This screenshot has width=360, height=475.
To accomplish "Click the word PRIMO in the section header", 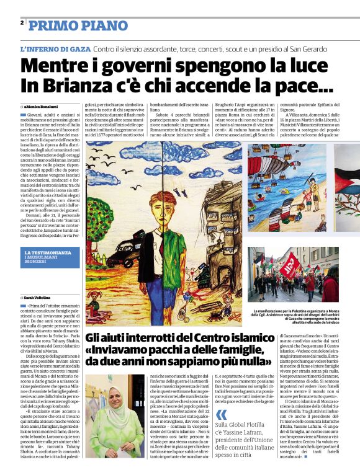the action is (49, 25).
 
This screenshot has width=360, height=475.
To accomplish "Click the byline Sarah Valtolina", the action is (41, 298).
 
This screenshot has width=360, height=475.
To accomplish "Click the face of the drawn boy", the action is (167, 203).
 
